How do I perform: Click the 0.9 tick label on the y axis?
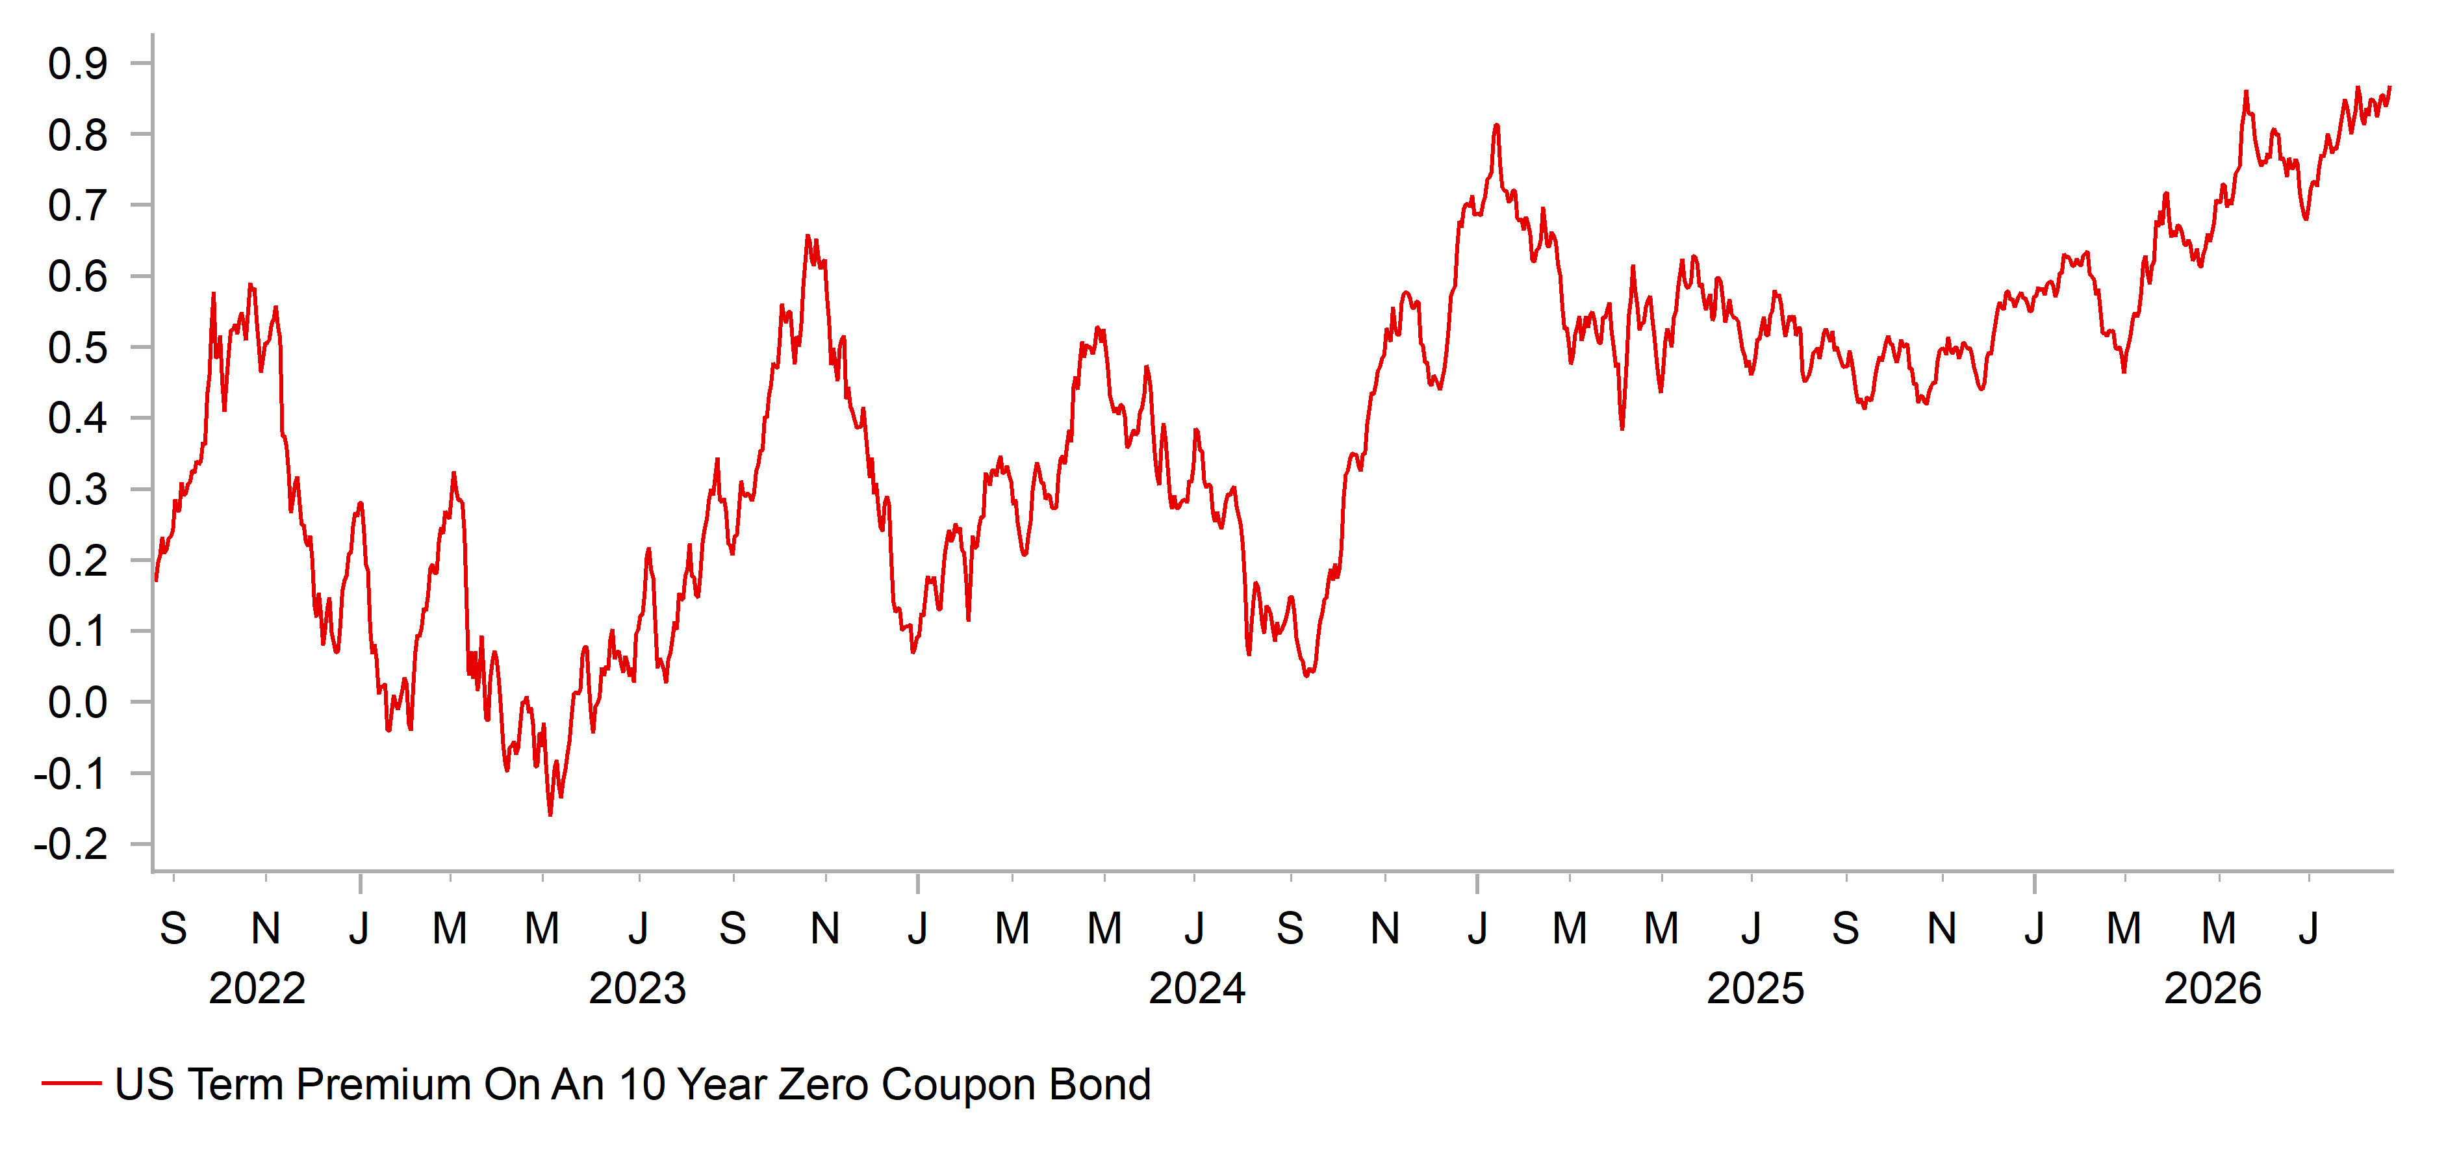click(x=78, y=64)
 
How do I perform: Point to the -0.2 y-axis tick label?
click(x=71, y=844)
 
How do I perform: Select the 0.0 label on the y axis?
click(x=78, y=702)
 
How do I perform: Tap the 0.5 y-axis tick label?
click(x=78, y=348)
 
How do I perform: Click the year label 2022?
click(x=257, y=988)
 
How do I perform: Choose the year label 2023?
click(x=637, y=988)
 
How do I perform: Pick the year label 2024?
click(x=1197, y=988)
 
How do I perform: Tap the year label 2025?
click(x=1755, y=988)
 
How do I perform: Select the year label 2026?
click(x=2212, y=988)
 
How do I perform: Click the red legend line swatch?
click(x=71, y=1083)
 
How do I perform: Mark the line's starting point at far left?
click(x=156, y=579)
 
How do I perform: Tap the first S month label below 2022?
click(x=173, y=928)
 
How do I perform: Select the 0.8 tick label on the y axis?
click(x=78, y=135)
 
